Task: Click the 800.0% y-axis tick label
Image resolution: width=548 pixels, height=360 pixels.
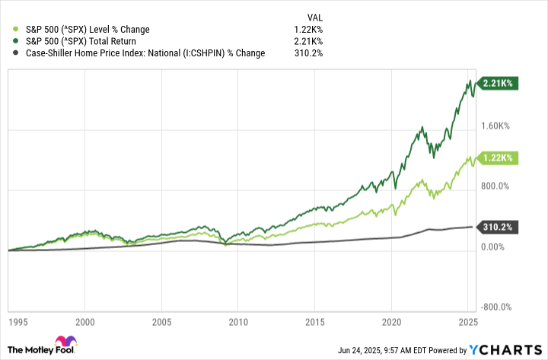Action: point(499,186)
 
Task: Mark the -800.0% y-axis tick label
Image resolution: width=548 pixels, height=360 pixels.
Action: point(497,307)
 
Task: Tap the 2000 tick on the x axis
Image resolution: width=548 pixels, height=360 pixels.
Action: point(85,322)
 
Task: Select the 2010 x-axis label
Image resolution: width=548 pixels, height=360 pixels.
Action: point(238,322)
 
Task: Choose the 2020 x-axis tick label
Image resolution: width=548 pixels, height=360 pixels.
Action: point(391,322)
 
